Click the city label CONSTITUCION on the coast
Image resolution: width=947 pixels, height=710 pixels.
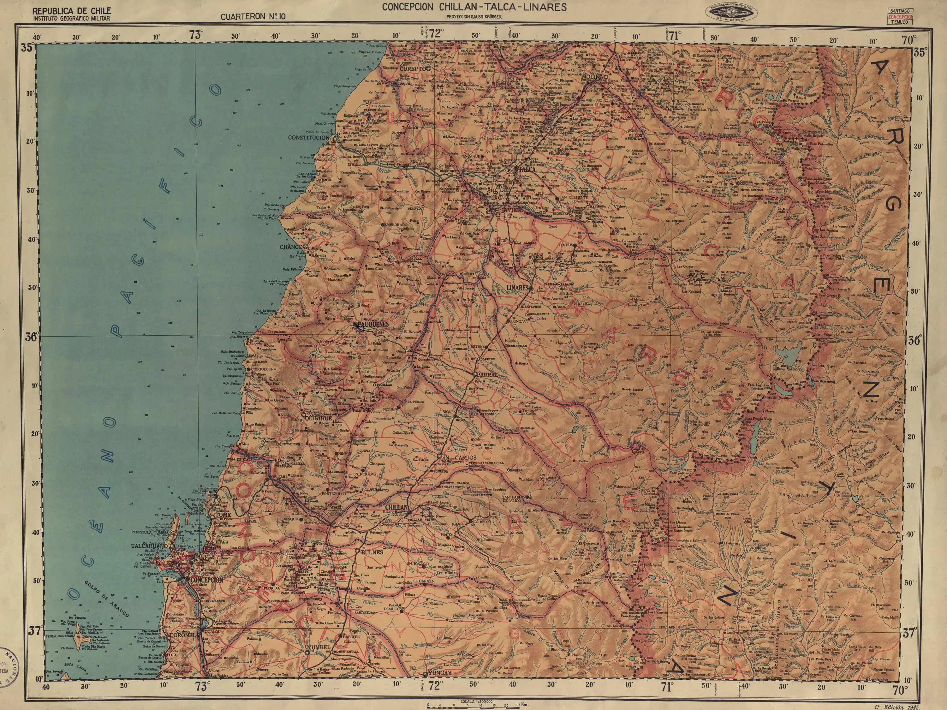point(309,138)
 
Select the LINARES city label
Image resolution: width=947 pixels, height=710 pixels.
point(518,288)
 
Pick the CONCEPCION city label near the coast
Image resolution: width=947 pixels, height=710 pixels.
point(207,580)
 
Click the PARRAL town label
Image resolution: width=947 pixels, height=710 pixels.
point(484,374)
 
